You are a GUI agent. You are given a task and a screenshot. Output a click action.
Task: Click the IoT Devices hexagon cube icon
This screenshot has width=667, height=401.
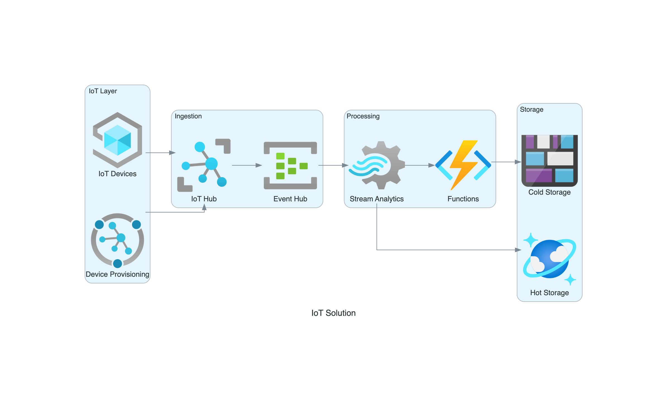pyautogui.click(x=118, y=140)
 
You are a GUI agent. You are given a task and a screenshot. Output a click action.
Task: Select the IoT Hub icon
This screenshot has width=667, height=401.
pyautogui.click(x=204, y=165)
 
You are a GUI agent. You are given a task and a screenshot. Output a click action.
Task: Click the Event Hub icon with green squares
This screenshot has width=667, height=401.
pyautogui.click(x=290, y=165)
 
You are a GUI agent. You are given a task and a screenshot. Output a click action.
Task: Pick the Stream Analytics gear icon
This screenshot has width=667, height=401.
pyautogui.click(x=377, y=165)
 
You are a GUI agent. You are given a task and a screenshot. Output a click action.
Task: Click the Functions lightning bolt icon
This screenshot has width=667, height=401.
pyautogui.click(x=463, y=165)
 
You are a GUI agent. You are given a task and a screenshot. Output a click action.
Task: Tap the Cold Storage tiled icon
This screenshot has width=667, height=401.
pyautogui.click(x=549, y=161)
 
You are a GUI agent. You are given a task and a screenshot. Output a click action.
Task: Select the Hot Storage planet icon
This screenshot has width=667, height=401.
pyautogui.click(x=549, y=259)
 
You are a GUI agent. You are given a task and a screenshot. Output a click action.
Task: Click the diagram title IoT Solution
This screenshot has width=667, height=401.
pyautogui.click(x=333, y=313)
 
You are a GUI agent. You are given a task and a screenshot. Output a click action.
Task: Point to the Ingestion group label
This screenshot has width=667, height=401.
pyautogui.click(x=188, y=116)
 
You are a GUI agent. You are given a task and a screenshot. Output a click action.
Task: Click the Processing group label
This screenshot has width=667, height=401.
pyautogui.click(x=363, y=116)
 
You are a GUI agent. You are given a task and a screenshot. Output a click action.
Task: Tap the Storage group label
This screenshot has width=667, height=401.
pyautogui.click(x=531, y=109)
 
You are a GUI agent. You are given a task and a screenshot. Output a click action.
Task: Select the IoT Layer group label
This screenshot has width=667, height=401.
pyautogui.click(x=103, y=91)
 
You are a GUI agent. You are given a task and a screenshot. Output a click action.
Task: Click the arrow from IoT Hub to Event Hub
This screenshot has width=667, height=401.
pyautogui.click(x=247, y=165)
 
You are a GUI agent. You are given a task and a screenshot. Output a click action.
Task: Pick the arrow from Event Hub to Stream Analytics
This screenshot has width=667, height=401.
pyautogui.click(x=333, y=165)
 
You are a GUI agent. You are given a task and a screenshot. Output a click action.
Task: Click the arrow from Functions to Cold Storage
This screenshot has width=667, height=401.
pyautogui.click(x=505, y=162)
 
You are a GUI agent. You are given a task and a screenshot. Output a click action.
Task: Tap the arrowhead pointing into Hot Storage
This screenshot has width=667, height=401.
pyautogui.click(x=518, y=250)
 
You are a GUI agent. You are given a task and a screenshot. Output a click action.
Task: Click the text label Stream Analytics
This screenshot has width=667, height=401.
pyautogui.click(x=377, y=199)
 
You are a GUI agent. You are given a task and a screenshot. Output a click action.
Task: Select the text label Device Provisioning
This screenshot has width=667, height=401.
pyautogui.click(x=118, y=274)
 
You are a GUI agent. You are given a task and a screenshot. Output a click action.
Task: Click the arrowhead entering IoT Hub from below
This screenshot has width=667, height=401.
pyautogui.click(x=204, y=207)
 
